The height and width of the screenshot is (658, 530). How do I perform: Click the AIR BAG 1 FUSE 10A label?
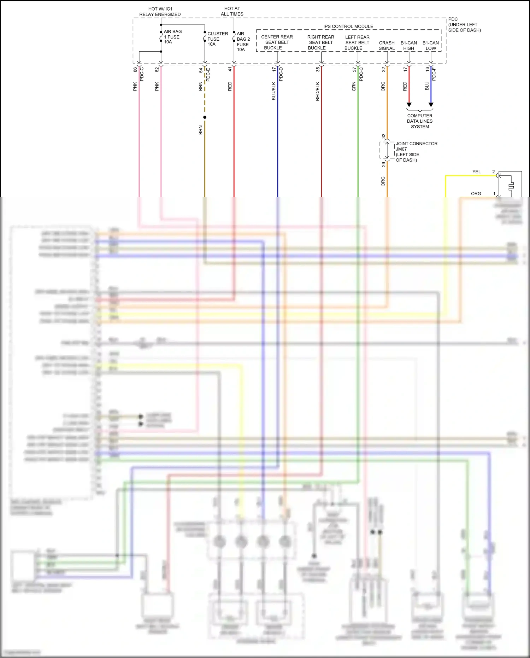(172, 37)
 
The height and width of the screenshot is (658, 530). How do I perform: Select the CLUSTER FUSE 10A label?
(217, 39)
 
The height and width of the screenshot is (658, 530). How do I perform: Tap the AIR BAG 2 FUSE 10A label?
(243, 42)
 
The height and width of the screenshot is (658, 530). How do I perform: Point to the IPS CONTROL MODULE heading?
(348, 27)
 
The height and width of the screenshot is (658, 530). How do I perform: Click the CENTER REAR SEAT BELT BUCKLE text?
(277, 42)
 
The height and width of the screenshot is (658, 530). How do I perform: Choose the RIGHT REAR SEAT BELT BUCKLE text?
(320, 42)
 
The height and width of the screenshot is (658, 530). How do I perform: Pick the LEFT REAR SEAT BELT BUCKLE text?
(357, 42)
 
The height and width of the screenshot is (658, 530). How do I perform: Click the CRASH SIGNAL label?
(387, 46)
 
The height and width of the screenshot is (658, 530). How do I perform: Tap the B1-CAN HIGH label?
(408, 46)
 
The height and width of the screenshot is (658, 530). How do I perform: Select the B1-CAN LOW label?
(430, 46)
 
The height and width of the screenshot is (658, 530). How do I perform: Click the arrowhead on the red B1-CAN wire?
(409, 105)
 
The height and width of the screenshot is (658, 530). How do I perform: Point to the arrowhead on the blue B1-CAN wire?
(431, 105)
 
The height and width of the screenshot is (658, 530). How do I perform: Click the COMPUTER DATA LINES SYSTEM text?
(420, 121)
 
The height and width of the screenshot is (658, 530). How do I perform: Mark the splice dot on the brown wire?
(205, 117)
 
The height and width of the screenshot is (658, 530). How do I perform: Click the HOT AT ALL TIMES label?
(232, 11)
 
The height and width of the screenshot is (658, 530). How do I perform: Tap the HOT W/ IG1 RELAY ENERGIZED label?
(160, 12)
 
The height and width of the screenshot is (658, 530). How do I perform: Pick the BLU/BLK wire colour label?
(274, 91)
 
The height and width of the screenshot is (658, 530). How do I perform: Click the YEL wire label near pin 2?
(477, 172)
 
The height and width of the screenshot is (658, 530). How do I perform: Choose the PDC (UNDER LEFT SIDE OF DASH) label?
(464, 25)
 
